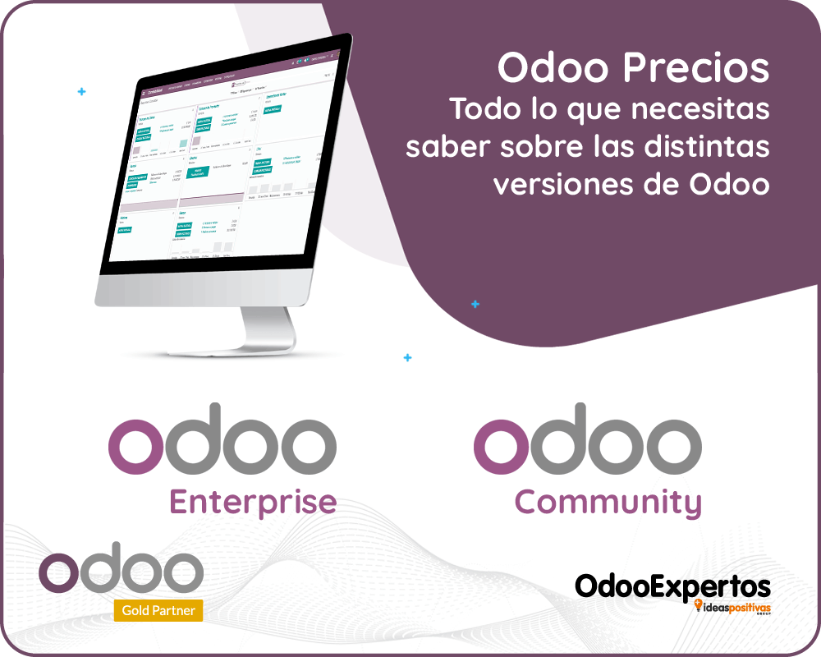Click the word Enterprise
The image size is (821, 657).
click(253, 502)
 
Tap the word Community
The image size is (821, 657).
click(608, 502)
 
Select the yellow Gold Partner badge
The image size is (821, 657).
click(158, 610)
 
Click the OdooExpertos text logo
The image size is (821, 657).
click(672, 586)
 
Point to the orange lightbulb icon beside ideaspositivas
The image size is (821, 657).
click(699, 606)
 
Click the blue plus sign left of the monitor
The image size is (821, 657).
click(81, 92)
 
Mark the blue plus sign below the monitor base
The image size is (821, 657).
click(408, 358)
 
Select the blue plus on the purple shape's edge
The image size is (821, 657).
click(475, 305)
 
